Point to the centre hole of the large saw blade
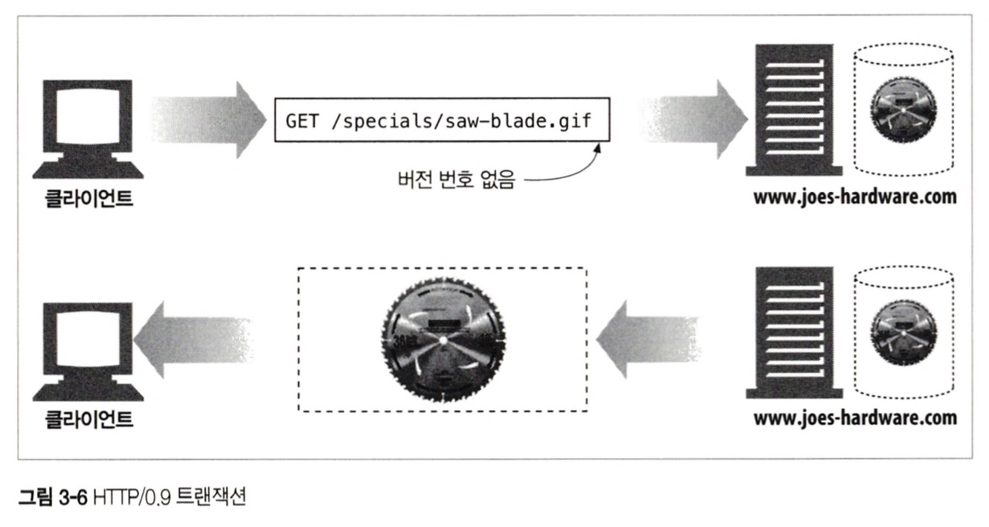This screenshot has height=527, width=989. [x=442, y=339]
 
